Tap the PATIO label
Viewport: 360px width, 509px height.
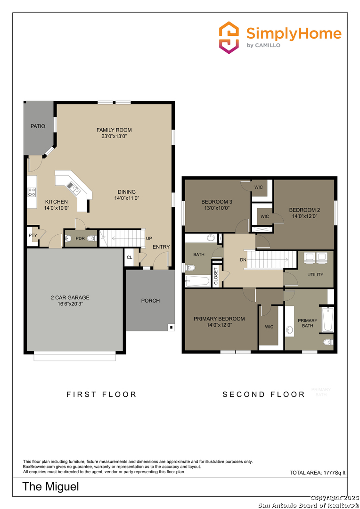pos(38,126)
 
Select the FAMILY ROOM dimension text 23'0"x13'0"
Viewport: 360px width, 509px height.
pos(114,136)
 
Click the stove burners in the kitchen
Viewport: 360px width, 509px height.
pos(32,192)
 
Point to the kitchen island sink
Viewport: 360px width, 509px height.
pos(73,188)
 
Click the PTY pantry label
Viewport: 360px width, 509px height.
pos(33,235)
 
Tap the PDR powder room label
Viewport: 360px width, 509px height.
pos(80,238)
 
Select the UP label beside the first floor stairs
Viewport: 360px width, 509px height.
pos(149,238)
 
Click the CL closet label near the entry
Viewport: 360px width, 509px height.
pos(129,257)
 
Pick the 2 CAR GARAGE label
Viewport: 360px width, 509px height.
pos(70,297)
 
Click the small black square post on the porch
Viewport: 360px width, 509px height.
pos(171,327)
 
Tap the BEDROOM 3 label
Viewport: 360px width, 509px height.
pos(217,202)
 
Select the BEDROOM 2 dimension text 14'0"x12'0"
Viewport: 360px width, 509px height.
pos(304,216)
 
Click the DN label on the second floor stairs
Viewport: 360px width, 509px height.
pos(243,260)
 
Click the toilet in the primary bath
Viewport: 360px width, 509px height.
pos(327,342)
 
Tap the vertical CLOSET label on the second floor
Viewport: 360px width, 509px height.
pos(216,276)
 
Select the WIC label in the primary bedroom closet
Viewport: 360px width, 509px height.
pos(269,327)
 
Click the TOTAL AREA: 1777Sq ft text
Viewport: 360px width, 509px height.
pos(317,472)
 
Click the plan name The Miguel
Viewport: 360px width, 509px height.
pos(51,486)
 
